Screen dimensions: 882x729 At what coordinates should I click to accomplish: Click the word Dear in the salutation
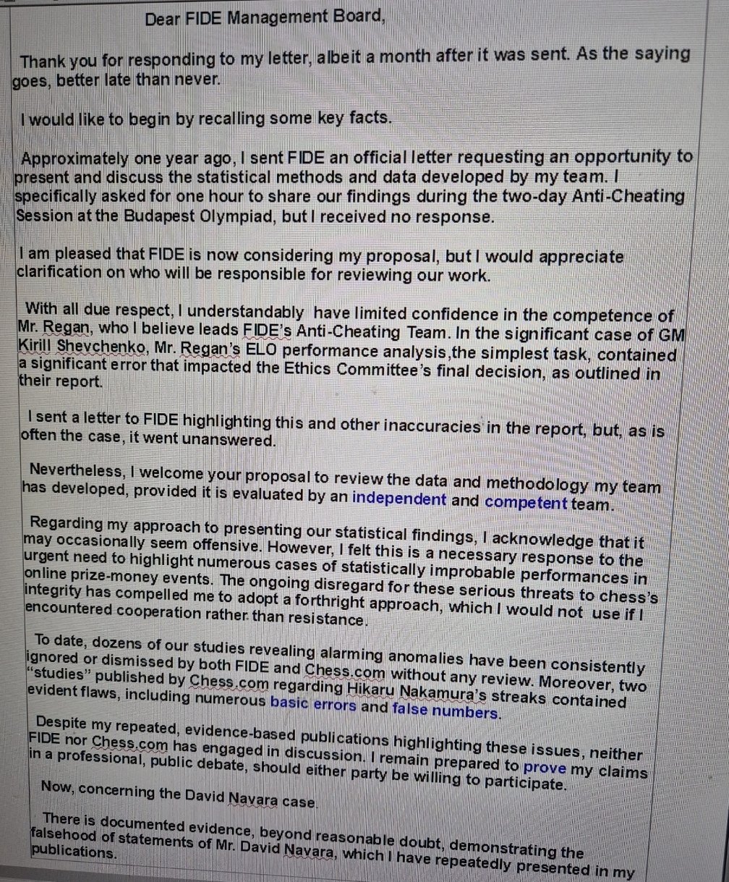click(x=162, y=19)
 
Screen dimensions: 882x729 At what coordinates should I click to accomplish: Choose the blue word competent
click(x=526, y=501)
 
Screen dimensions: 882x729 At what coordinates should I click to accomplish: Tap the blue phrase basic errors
click(x=312, y=704)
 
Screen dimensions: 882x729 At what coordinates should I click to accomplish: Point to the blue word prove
click(x=544, y=768)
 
